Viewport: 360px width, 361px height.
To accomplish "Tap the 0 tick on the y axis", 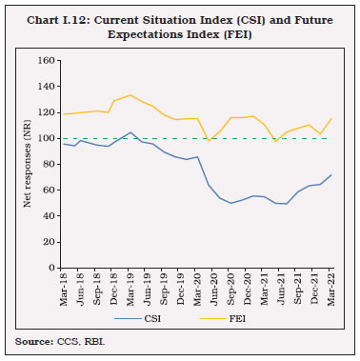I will [53, 268].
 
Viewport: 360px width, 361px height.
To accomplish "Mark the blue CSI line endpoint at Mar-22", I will [330, 175].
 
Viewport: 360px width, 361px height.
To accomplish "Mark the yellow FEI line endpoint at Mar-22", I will [330, 119].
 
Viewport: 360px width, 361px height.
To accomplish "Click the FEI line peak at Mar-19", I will [130, 95].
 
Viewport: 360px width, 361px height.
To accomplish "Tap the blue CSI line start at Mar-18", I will [64, 144].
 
